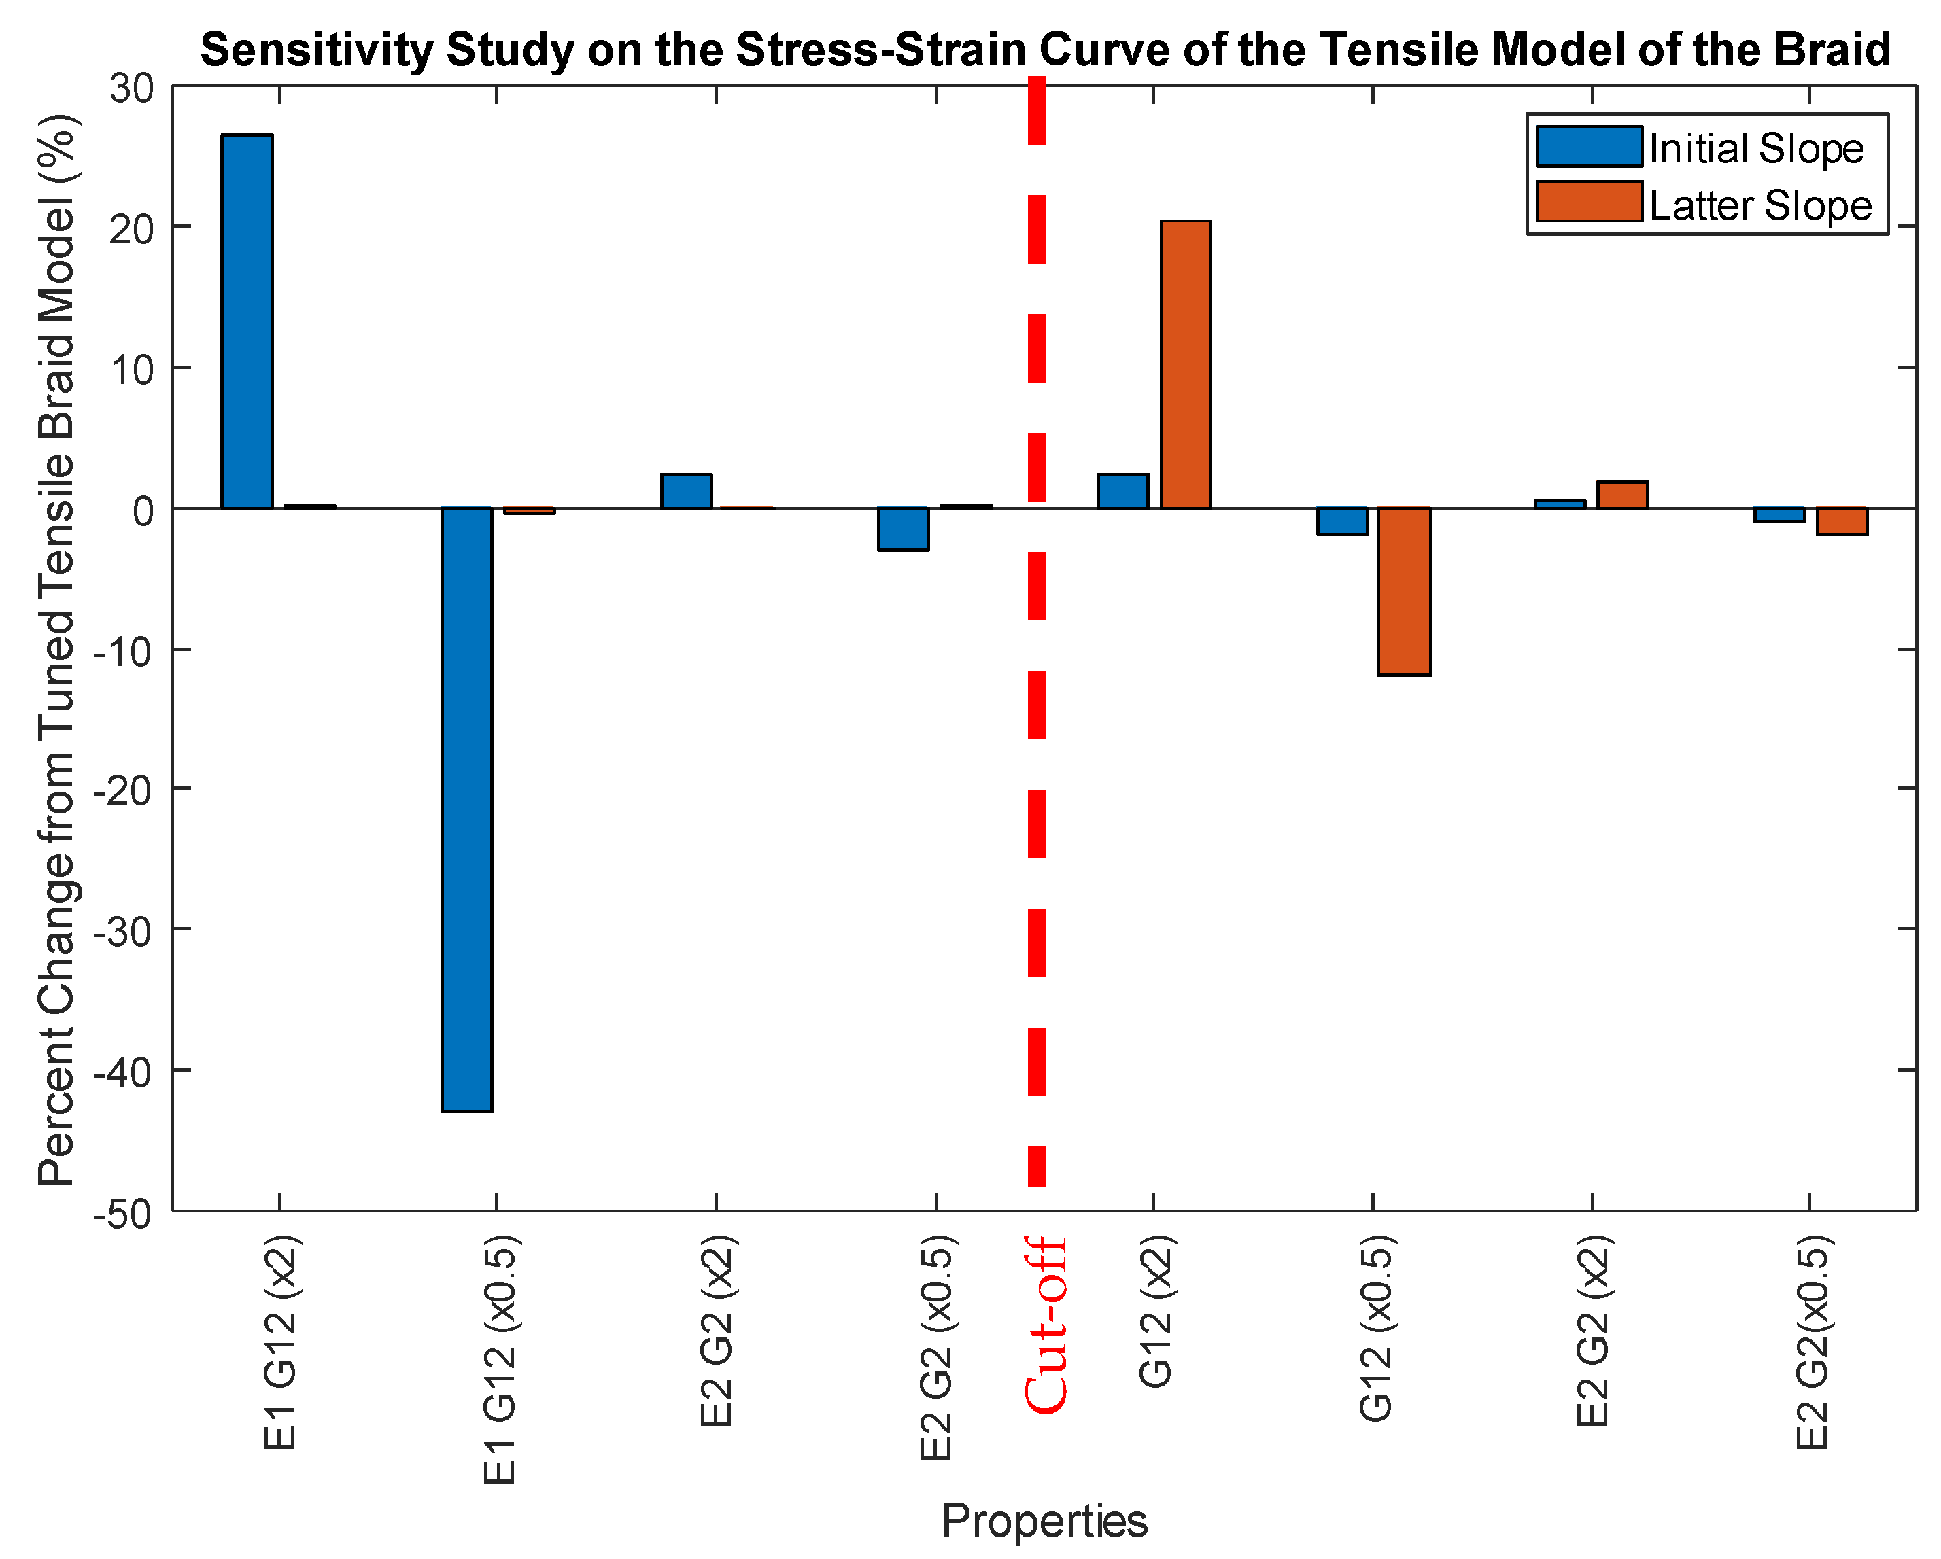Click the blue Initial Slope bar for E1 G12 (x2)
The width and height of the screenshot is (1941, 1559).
tap(247, 321)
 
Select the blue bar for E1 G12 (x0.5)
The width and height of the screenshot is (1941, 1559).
tap(466, 809)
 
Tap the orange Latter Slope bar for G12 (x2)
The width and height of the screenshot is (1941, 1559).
tap(1185, 364)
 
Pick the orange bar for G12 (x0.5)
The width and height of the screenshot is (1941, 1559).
tap(1405, 591)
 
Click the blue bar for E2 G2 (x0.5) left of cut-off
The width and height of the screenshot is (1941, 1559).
tap(903, 529)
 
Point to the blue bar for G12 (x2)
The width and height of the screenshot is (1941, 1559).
tap(1122, 491)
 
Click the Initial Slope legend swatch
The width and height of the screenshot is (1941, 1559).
tap(1588, 147)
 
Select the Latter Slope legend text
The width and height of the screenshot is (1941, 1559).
tap(1760, 205)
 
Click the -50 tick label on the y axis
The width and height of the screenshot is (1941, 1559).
tap(122, 1213)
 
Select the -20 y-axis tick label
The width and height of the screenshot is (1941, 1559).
tap(122, 790)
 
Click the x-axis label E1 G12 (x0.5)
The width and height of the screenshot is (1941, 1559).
tap(500, 1359)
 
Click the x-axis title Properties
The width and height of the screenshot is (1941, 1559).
tap(1044, 1520)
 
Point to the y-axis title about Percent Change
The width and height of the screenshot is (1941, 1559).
tap(56, 648)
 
